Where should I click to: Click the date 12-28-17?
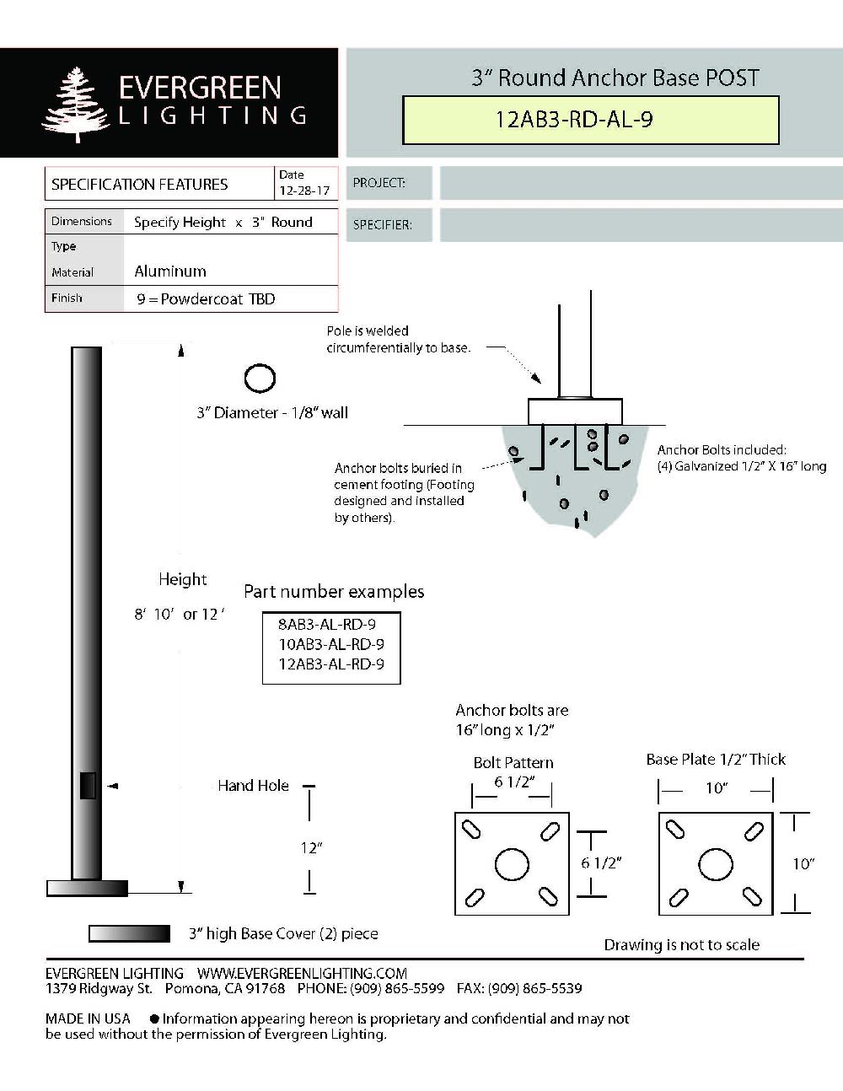(x=294, y=191)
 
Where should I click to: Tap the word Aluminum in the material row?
(x=170, y=271)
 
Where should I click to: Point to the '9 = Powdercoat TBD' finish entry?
(x=206, y=299)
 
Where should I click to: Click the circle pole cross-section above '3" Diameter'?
(x=260, y=379)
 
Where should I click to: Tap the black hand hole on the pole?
(x=88, y=785)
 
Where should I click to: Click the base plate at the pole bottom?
(x=87, y=888)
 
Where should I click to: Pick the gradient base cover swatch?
(x=129, y=933)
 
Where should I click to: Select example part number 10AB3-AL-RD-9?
(x=331, y=644)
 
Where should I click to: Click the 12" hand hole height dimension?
(x=311, y=847)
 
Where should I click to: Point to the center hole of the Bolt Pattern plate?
(x=512, y=864)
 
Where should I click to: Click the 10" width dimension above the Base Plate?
(x=716, y=788)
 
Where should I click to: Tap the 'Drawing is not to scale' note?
(x=681, y=945)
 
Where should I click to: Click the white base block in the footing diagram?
(x=575, y=411)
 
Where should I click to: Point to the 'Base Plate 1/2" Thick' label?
(x=716, y=760)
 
